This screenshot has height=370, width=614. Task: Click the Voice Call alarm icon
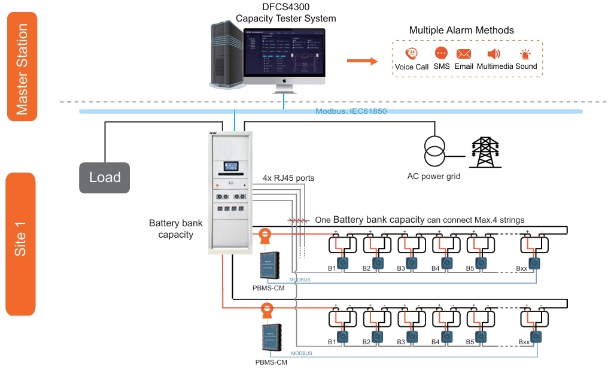tap(411, 54)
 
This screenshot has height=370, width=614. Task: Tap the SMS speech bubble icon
tap(441, 54)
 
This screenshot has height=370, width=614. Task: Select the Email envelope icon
tap(464, 54)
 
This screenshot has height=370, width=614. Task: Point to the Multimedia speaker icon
tap(494, 54)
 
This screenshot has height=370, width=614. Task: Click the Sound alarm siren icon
tap(525, 54)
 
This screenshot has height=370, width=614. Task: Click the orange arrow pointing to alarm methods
tap(363, 60)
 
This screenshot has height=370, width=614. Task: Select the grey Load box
tap(105, 177)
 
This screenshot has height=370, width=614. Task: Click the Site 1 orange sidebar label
tap(21, 242)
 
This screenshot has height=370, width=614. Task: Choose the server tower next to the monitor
tap(227, 54)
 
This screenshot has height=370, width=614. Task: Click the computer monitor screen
tap(285, 53)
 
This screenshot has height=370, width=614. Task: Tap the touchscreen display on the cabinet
tap(232, 166)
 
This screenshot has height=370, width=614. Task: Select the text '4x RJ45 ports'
tap(288, 178)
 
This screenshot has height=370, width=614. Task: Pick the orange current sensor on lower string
tap(266, 310)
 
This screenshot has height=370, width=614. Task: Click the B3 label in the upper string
tap(401, 268)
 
